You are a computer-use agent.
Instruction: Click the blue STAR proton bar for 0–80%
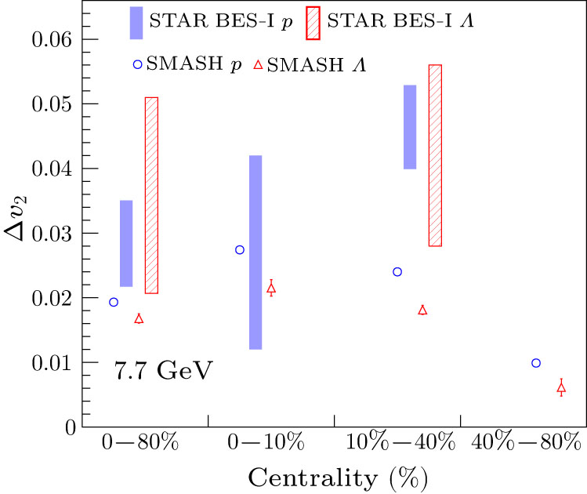pyautogui.click(x=125, y=243)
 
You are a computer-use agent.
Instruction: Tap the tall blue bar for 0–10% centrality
pyautogui.click(x=255, y=252)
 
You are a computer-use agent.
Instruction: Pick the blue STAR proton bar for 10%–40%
pyautogui.click(x=409, y=127)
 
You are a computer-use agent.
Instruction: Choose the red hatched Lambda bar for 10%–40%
pyautogui.click(x=435, y=155)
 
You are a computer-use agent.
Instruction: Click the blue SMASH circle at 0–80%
pyautogui.click(x=114, y=302)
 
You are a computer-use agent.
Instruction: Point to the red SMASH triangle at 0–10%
pyautogui.click(x=271, y=289)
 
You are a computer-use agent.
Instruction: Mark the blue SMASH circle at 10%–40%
pyautogui.click(x=397, y=271)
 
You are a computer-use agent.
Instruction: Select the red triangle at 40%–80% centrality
pyautogui.click(x=561, y=388)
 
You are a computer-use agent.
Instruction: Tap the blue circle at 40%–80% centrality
pyautogui.click(x=536, y=363)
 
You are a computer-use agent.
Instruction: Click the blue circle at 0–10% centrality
pyautogui.click(x=240, y=249)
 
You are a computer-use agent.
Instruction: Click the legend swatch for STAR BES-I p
pyautogui.click(x=136, y=23)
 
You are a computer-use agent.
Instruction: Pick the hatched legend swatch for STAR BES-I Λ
pyautogui.click(x=313, y=23)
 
